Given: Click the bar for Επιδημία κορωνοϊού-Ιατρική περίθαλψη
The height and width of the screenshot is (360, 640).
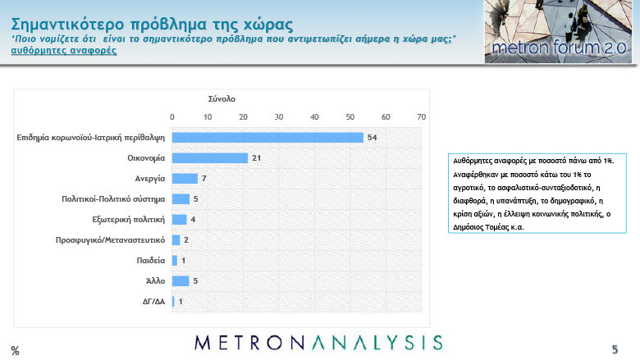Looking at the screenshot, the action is pos(267,138).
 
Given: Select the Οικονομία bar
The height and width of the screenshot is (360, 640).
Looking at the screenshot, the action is pos(210,157).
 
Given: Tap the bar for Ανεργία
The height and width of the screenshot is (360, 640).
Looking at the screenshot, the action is pos(185,179).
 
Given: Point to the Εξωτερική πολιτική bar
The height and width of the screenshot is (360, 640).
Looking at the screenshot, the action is pos(179,219).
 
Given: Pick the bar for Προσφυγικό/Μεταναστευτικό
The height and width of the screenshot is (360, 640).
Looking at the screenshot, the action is pos(176,239).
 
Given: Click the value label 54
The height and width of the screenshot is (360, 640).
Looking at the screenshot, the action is pos(372,138).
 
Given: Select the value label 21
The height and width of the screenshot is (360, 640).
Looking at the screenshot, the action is pos(256,157).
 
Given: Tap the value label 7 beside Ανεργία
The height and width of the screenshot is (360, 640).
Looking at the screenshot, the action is pos(204,179).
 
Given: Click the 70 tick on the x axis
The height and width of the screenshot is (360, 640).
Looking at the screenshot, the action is pos(421,117).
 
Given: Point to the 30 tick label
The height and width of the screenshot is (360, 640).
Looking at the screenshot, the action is pos(279,117).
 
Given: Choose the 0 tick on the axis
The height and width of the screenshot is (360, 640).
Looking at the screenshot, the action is pos(171,117).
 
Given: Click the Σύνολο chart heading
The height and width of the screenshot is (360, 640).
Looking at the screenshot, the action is pos(222,98).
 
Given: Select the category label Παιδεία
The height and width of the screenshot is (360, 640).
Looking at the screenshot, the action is pos(151,260).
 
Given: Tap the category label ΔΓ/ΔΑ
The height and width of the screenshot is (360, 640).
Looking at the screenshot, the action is pos(154,301).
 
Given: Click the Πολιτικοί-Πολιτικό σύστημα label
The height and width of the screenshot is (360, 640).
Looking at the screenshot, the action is pos(113,199).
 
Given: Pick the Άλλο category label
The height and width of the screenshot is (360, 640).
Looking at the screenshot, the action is pos(156,280).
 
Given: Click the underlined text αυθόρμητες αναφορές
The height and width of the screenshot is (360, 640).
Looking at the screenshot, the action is pos(64,51).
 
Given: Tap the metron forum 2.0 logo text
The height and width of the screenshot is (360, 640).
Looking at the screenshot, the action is pos(559,48).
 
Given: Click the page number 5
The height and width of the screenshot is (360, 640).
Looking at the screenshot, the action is pos(615,349).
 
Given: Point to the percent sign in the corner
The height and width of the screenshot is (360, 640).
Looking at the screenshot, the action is pos(15,351).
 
